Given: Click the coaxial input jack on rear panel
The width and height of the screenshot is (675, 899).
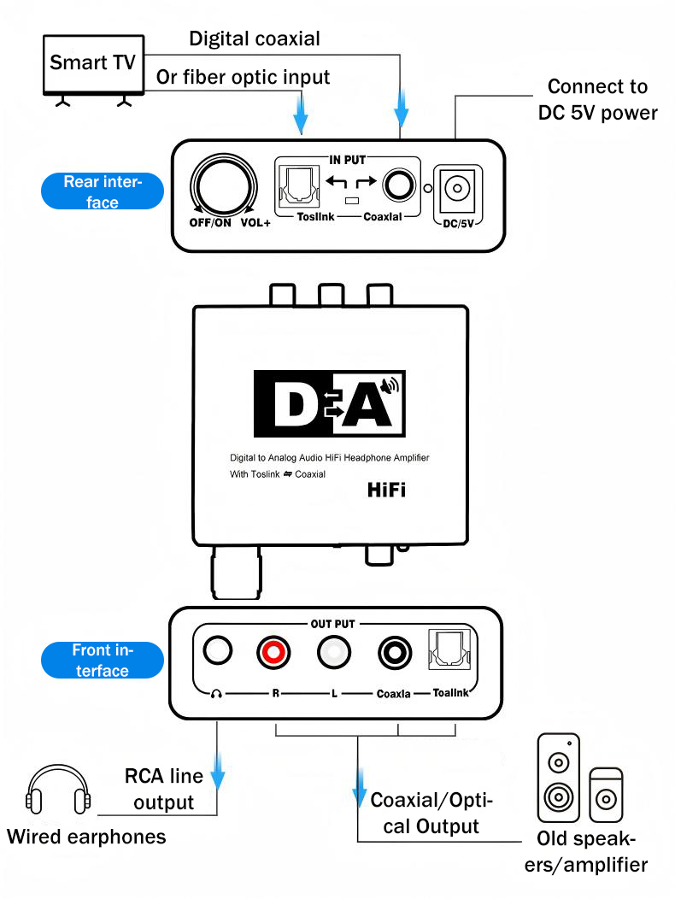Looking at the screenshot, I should point(396,185).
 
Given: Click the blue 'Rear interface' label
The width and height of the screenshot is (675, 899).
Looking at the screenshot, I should point(102,191).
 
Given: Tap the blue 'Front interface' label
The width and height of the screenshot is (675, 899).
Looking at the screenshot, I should point(102,661).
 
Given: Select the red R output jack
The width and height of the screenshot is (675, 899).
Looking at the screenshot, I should point(275,654).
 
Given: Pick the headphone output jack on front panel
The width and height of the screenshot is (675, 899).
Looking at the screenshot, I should point(217,652).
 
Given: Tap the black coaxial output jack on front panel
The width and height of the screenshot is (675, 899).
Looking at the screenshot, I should point(395,654).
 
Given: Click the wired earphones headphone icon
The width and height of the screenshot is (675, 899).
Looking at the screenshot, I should point(59,790).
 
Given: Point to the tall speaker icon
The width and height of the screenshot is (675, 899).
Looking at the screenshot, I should point(558,777).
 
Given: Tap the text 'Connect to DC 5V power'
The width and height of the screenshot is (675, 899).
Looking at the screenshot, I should point(597,99).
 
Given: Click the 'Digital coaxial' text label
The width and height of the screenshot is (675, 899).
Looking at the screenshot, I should point(255,38).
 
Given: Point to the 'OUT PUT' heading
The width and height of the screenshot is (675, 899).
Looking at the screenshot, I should point(332,624).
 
